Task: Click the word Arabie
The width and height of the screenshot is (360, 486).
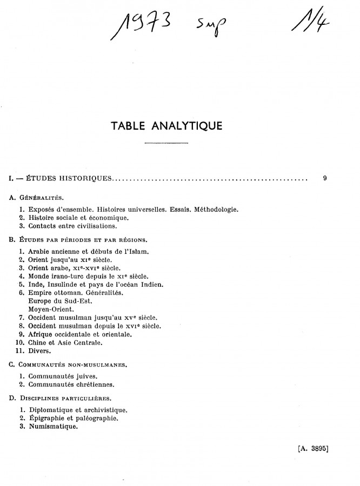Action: tap(41, 251)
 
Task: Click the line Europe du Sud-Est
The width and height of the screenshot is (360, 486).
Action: tap(59, 301)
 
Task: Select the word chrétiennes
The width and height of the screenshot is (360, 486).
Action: tap(95, 384)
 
